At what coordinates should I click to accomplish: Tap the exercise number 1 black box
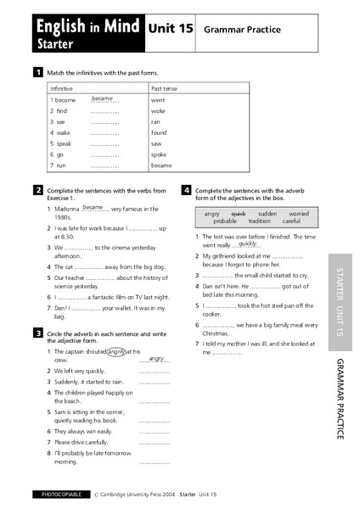coord(38,73)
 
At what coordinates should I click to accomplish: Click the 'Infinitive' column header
coord(62,88)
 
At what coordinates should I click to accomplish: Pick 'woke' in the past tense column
coord(159,110)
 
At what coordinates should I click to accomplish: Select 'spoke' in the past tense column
coord(160,154)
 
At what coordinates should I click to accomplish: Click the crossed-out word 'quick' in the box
coord(239,214)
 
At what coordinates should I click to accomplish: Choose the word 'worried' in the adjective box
coord(299,214)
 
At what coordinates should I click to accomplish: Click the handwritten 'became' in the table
coord(103,98)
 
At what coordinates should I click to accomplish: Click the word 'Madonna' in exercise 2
coord(67,208)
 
